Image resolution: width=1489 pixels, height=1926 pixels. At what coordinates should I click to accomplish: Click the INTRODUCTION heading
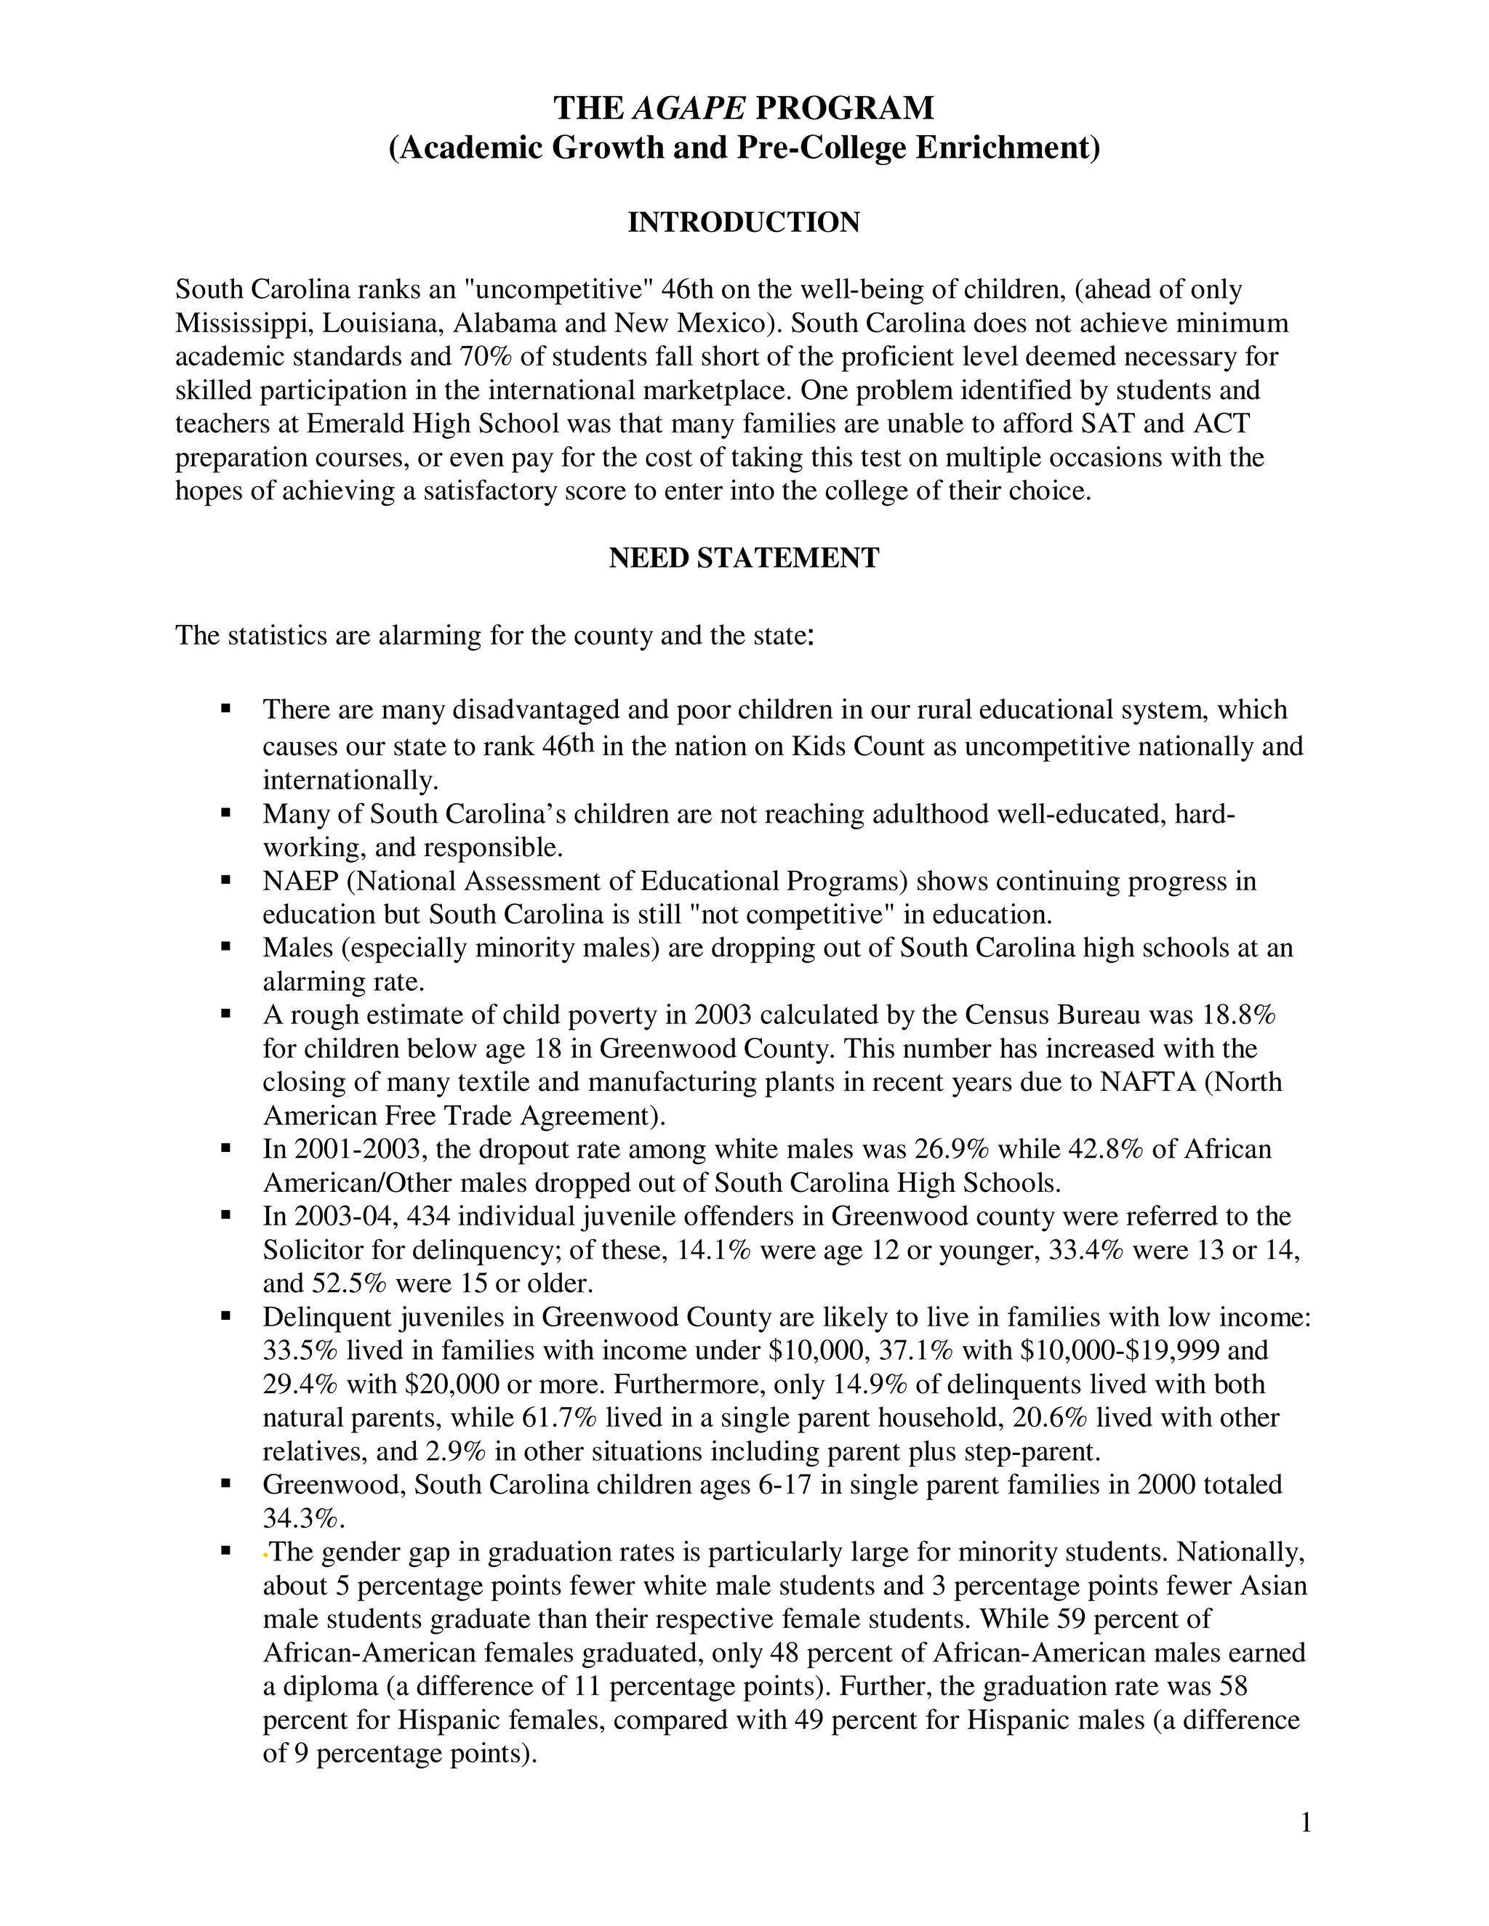click(x=744, y=222)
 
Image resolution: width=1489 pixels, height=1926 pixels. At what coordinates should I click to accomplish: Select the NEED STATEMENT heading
click(x=744, y=558)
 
